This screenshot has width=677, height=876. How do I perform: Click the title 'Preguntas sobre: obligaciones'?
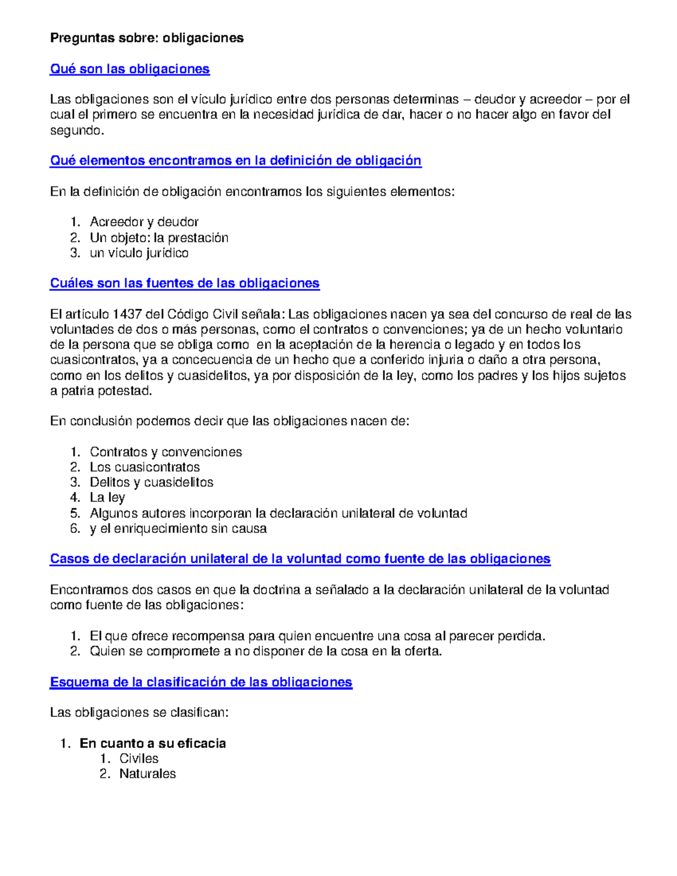(x=147, y=38)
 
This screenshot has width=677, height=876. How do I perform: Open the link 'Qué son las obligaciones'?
(x=130, y=69)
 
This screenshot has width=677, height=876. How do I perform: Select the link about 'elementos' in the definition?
(x=235, y=161)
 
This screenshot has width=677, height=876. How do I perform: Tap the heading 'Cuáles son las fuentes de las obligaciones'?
(x=184, y=283)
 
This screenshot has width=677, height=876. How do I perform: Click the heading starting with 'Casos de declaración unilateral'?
(x=300, y=559)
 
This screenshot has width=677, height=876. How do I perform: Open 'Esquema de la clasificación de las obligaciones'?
(x=201, y=682)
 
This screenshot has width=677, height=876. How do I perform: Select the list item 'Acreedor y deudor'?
(x=144, y=222)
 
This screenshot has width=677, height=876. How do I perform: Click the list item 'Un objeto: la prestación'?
(x=159, y=237)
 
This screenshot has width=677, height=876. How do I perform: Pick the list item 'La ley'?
(x=107, y=498)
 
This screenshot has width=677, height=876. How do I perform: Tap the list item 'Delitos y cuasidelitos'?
(x=151, y=482)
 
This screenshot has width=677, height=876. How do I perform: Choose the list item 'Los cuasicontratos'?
(x=144, y=467)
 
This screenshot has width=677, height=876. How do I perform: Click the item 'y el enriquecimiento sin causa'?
(x=178, y=529)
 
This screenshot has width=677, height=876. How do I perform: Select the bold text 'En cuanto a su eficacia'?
(x=152, y=743)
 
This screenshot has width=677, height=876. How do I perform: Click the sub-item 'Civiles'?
(x=139, y=759)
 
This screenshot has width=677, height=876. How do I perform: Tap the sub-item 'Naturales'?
(x=147, y=774)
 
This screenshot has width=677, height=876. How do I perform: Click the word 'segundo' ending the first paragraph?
(x=76, y=131)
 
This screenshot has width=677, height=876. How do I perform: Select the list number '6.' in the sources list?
(x=76, y=529)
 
